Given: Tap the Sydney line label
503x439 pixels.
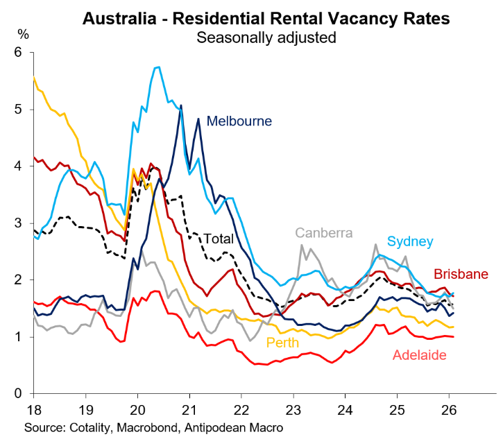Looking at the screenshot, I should [x=410, y=241].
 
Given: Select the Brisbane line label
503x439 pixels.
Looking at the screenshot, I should [x=461, y=274].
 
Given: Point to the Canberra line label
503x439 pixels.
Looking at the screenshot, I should [x=325, y=232].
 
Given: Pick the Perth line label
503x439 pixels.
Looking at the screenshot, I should [x=284, y=342].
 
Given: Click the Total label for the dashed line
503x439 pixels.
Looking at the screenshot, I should [x=218, y=239].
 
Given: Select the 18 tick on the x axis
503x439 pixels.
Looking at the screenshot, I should [x=33, y=408].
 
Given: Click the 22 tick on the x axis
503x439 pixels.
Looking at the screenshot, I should [x=241, y=408].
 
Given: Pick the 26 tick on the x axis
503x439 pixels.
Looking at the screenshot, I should [x=449, y=408].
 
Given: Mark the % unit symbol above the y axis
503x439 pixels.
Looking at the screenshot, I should [x=24, y=34].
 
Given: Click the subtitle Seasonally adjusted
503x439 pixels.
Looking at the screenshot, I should [x=266, y=37].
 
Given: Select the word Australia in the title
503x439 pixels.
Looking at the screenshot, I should [x=119, y=19].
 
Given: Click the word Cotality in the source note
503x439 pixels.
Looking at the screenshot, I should [x=89, y=425].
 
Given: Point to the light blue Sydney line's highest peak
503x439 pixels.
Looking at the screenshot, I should [x=159, y=67].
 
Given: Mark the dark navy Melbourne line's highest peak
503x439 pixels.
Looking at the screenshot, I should [x=181, y=105].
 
